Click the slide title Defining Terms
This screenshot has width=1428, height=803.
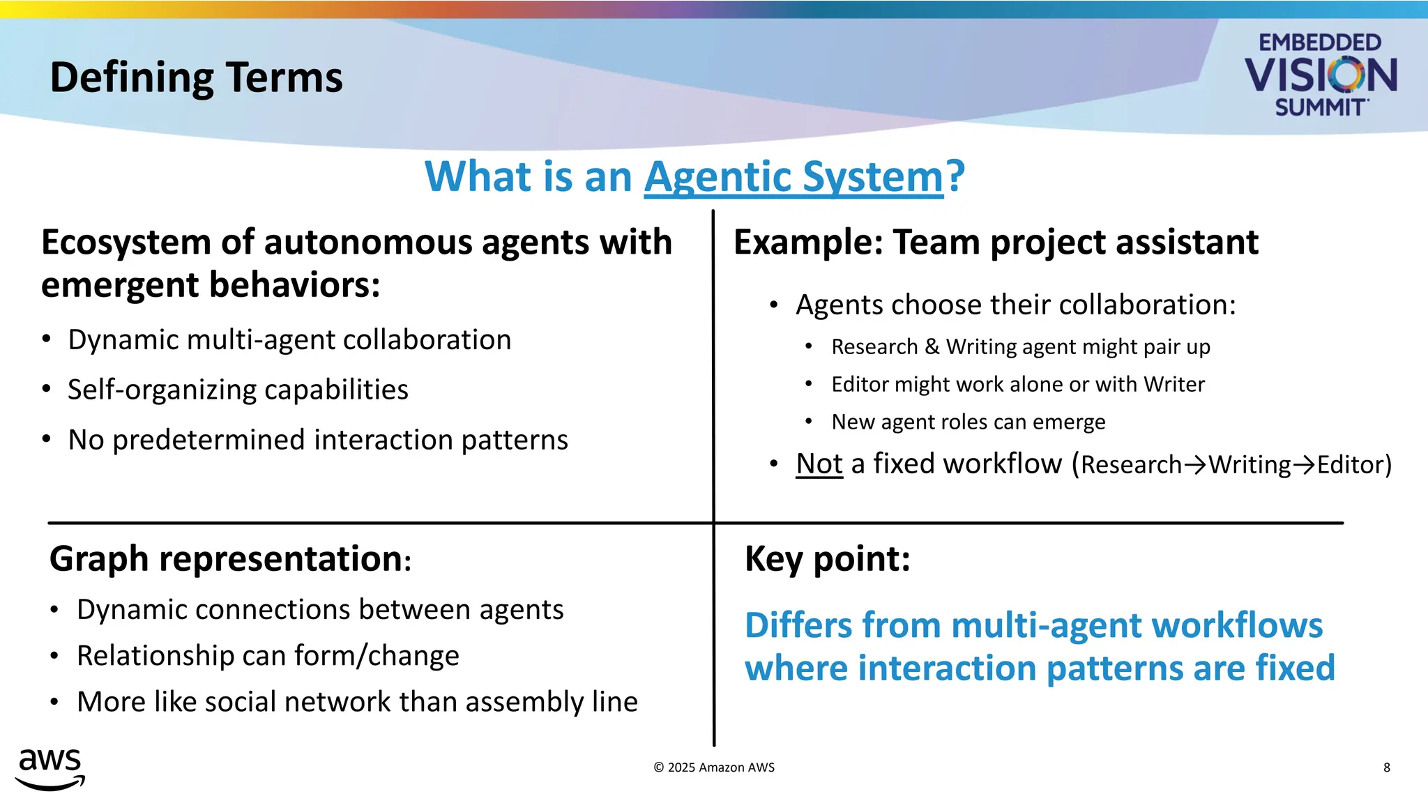(196, 77)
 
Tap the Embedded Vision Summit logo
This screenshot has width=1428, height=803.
(1320, 75)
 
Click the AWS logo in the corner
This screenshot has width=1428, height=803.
(50, 769)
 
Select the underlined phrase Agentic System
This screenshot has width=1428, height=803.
(793, 177)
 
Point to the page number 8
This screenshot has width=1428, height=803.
(1386, 767)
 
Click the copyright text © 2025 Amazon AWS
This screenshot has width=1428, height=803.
(714, 767)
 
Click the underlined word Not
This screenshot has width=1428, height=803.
(819, 464)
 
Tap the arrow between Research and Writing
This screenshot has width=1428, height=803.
(1195, 465)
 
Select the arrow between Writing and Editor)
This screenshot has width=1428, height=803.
(1304, 465)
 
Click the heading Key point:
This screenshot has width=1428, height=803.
(828, 559)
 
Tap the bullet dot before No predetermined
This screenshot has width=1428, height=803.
(46, 439)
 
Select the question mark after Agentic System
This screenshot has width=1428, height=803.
(955, 177)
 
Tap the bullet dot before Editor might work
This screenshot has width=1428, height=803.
(808, 384)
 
